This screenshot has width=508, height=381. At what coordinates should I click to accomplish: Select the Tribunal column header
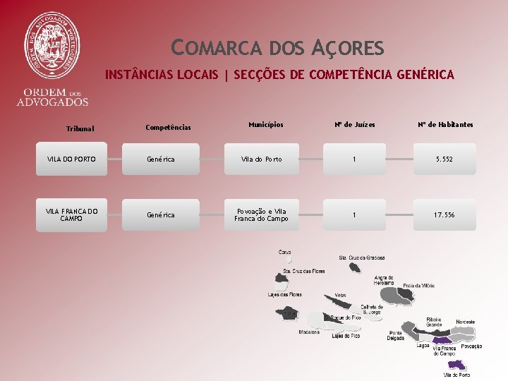(x=80, y=129)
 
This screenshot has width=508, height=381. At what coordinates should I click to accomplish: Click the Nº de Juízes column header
(x=355, y=125)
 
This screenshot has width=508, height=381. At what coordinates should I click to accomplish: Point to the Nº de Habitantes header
(x=445, y=125)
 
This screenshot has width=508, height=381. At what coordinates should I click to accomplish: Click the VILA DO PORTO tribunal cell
(x=72, y=159)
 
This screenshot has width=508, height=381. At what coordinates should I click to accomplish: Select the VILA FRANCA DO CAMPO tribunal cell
(x=72, y=214)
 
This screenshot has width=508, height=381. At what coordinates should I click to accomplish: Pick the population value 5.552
(x=444, y=159)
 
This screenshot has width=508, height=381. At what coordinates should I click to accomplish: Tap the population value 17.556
(x=444, y=214)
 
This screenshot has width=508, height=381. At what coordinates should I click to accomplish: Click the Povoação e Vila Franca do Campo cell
(x=262, y=214)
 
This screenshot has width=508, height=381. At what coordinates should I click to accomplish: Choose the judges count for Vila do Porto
(x=355, y=159)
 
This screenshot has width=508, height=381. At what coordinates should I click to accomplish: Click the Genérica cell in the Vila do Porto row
(x=161, y=159)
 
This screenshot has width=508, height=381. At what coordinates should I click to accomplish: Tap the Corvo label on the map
(x=284, y=252)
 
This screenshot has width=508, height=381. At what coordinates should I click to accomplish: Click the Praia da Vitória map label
(x=419, y=286)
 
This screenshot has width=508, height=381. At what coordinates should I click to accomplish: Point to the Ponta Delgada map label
(x=396, y=335)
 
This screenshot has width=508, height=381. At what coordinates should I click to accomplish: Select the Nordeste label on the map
(x=465, y=322)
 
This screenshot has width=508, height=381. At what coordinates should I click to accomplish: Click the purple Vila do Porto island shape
(x=456, y=365)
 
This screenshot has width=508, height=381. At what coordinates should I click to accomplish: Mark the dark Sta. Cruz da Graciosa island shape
(x=354, y=267)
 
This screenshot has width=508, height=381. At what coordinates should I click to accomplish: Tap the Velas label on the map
(x=341, y=295)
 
